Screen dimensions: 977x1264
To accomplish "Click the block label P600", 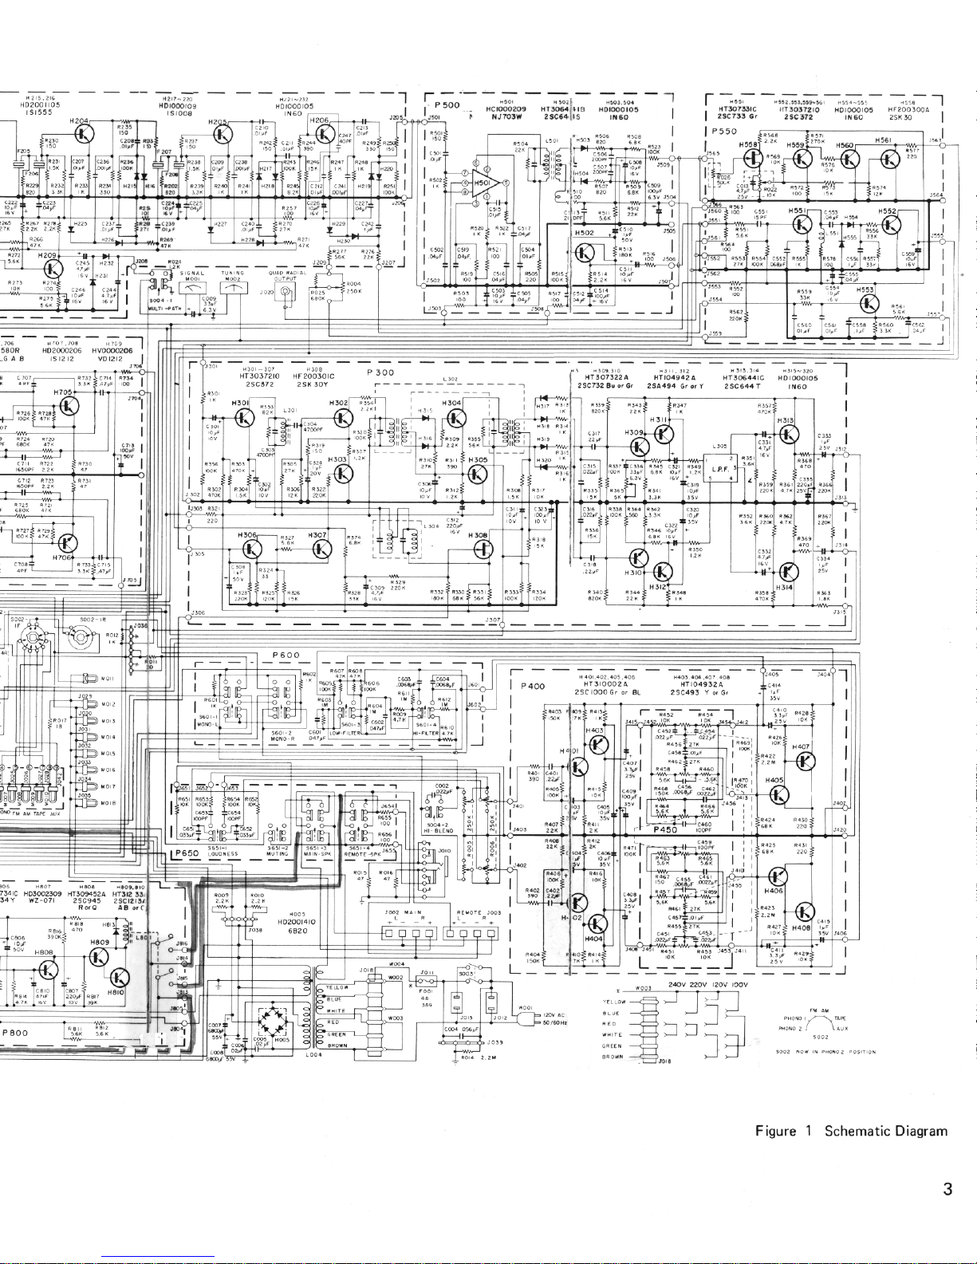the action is [286, 655].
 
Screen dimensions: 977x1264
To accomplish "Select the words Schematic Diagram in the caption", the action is [886, 1131].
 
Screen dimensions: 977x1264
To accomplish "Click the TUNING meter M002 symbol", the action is [233, 289].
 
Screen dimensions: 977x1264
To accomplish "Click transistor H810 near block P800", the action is [120, 976].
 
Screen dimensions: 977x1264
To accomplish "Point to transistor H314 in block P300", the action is [789, 572].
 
